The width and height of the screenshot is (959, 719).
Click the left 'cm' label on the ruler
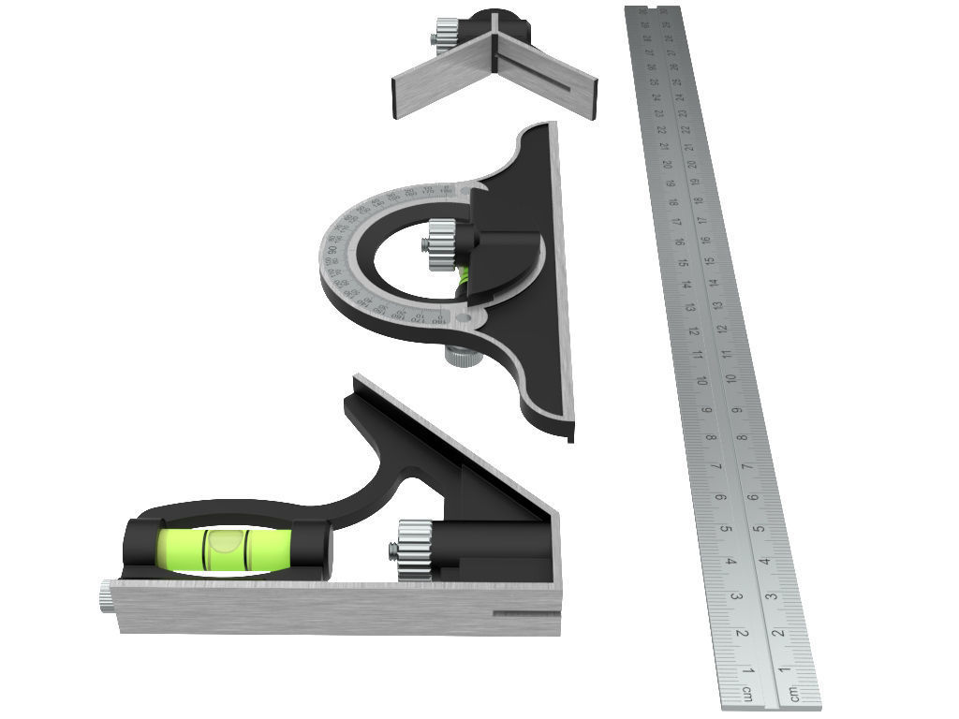(747, 694)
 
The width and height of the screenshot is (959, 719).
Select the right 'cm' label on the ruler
(793, 694)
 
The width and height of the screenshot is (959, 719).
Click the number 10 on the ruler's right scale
(730, 378)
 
